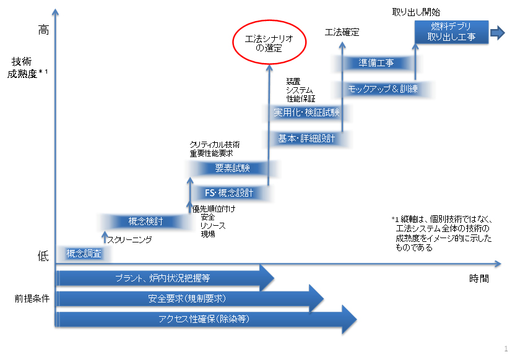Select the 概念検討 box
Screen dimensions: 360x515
[146, 221]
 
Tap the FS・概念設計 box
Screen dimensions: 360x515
[229, 192]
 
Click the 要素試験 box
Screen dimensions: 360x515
[232, 168]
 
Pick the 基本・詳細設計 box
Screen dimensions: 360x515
[306, 138]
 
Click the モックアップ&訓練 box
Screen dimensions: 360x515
[383, 89]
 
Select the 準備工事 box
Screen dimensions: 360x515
[376, 62]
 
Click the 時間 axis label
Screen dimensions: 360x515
[478, 278]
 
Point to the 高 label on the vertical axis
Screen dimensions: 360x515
[43, 30]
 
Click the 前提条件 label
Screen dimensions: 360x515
[32, 298]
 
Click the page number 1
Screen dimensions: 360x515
[506, 348]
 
